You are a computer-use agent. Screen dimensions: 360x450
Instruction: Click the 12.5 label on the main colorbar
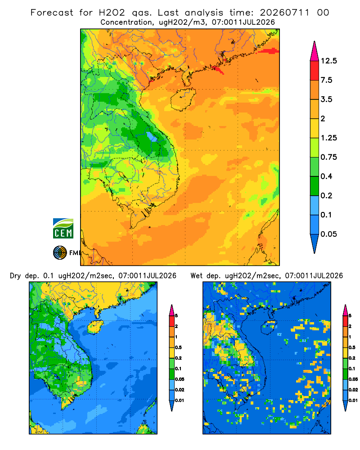point(328,61)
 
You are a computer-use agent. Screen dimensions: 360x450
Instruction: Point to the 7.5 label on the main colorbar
point(326,80)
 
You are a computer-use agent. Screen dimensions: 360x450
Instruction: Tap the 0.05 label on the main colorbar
point(328,234)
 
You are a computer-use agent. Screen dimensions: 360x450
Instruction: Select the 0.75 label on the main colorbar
point(328,157)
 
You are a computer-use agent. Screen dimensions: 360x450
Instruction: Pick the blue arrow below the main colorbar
point(315,243)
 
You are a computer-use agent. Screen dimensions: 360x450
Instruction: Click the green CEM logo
point(63,229)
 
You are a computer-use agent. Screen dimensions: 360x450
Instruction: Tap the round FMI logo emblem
point(60,253)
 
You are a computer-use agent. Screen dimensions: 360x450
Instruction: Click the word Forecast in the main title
point(52,13)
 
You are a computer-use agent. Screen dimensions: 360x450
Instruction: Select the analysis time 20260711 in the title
point(284,13)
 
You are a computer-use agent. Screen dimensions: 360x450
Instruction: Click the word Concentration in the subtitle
point(126,22)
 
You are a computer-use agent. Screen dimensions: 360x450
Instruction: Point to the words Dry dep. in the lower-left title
point(24,276)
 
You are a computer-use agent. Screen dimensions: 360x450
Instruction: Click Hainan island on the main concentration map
point(183,99)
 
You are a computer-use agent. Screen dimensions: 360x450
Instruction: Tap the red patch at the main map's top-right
point(268,51)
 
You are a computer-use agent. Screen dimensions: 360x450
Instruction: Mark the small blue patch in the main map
point(152,137)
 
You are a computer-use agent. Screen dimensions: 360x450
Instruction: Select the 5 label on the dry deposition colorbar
point(176,316)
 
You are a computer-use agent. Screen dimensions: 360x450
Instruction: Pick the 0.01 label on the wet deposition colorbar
point(353,400)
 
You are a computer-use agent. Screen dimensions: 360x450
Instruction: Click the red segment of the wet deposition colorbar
point(345,321)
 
